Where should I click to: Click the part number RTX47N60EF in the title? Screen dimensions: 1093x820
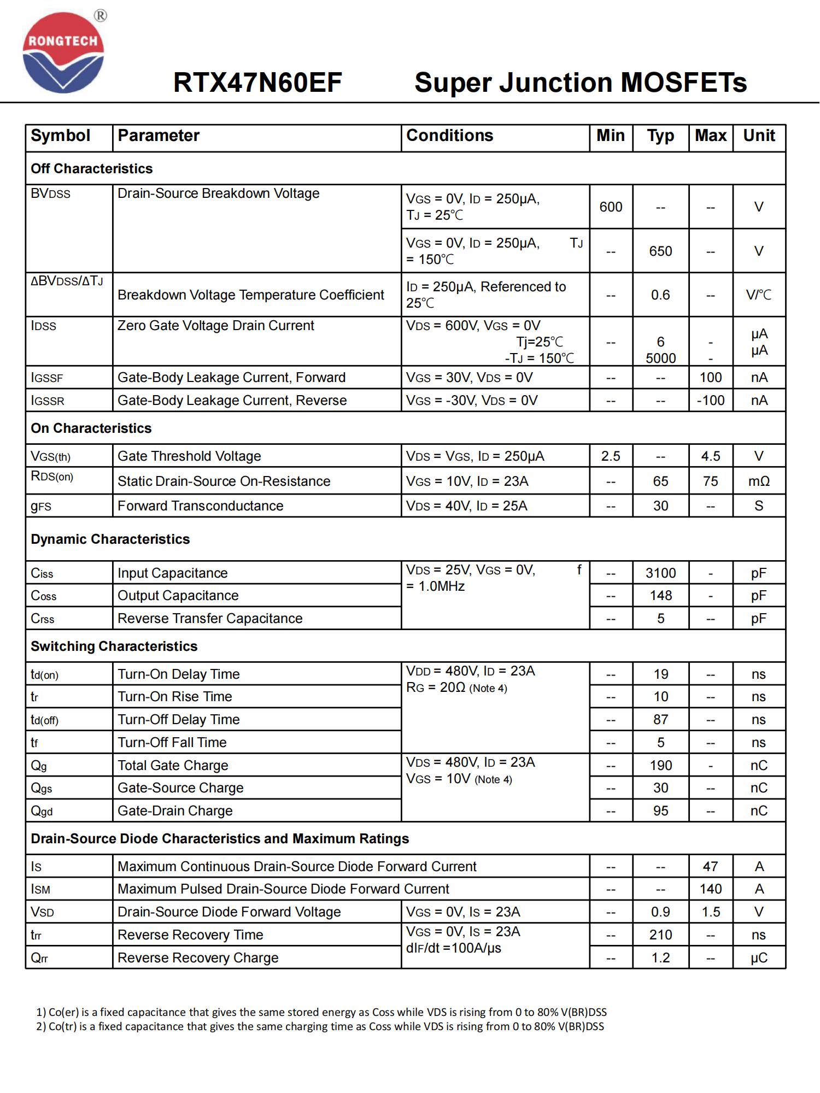257,83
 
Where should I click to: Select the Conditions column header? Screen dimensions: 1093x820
449,136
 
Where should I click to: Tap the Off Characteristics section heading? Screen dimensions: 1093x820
92,168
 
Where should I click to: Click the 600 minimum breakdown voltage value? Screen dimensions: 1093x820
611,207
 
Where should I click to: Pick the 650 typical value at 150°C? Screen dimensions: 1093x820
660,251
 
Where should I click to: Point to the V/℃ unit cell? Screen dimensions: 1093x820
758,295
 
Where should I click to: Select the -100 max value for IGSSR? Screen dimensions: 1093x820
710,401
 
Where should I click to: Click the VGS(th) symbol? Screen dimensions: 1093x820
51,456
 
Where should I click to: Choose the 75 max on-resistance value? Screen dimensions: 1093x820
710,481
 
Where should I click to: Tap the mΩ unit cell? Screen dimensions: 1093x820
758,481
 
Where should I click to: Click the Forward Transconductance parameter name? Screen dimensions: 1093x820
200,506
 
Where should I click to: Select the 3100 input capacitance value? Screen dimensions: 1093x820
660,573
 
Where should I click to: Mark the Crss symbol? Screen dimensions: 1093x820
43,619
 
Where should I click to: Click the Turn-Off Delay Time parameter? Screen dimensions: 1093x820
178,720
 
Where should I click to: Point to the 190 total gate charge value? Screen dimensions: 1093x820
660,766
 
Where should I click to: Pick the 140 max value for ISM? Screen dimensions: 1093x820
710,889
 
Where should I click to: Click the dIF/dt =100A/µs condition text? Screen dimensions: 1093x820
453,948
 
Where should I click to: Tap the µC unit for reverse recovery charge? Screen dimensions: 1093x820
758,958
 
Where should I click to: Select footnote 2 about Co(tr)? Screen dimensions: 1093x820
320,1026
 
